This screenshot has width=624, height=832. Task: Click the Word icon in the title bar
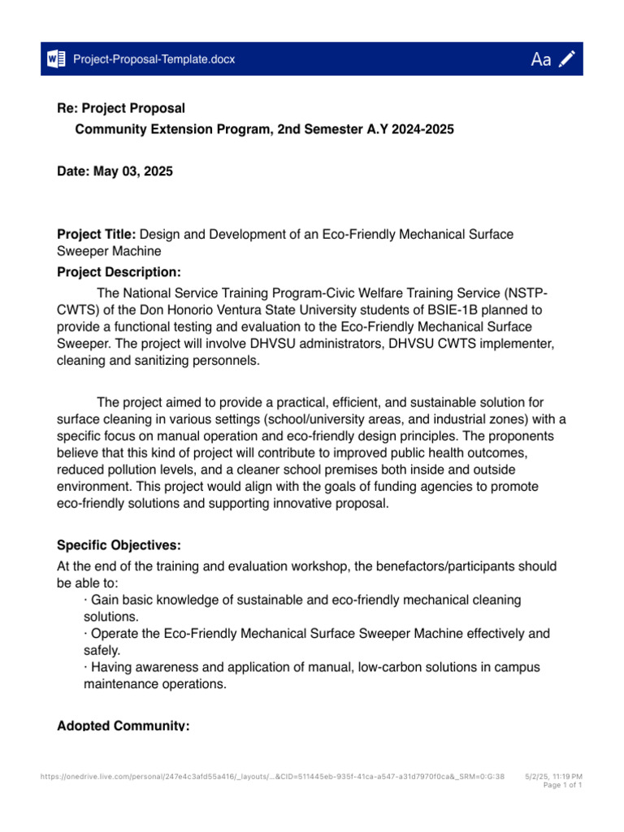(x=57, y=59)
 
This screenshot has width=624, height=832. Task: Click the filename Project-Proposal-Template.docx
(x=154, y=59)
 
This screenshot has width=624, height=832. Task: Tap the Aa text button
(x=541, y=59)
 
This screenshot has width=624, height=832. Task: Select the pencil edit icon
(x=568, y=58)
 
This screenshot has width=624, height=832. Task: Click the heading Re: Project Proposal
(x=121, y=108)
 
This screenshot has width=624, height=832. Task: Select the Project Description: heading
(x=119, y=271)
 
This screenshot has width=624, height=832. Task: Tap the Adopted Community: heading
(x=123, y=725)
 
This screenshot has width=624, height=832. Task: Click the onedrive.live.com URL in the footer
(x=272, y=777)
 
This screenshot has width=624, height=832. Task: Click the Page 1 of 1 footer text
(x=562, y=786)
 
